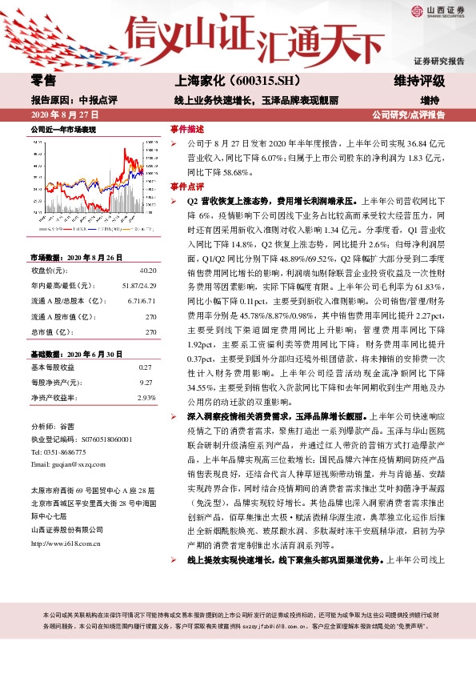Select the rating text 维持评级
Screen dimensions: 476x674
click(x=419, y=81)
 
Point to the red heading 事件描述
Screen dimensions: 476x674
click(x=188, y=128)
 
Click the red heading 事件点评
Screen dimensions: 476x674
click(x=188, y=185)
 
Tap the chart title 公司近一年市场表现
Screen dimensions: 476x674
click(x=62, y=129)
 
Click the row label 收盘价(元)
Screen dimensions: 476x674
click(x=48, y=249)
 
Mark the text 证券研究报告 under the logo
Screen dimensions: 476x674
click(x=438, y=61)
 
